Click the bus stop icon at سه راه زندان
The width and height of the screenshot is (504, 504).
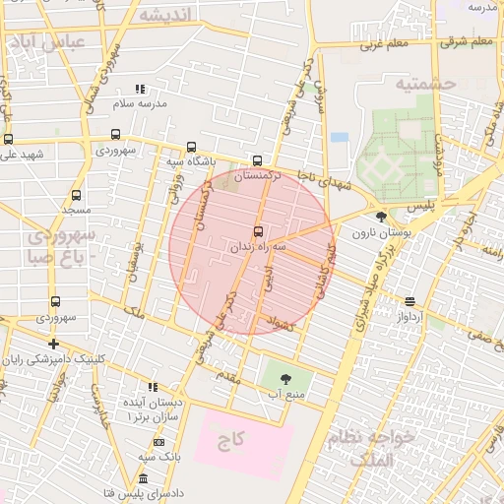click(258, 232)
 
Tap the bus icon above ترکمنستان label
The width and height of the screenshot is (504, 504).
click(258, 160)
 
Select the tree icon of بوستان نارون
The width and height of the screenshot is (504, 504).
click(382, 217)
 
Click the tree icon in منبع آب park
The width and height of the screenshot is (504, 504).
click(285, 378)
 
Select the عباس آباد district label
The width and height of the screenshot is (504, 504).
click(46, 42)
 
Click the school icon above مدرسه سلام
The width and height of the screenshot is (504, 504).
click(140, 89)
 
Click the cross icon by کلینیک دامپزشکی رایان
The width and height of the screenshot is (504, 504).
click(53, 344)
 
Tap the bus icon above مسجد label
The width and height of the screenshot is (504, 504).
click(77, 195)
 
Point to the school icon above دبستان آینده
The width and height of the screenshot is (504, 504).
click(152, 387)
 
